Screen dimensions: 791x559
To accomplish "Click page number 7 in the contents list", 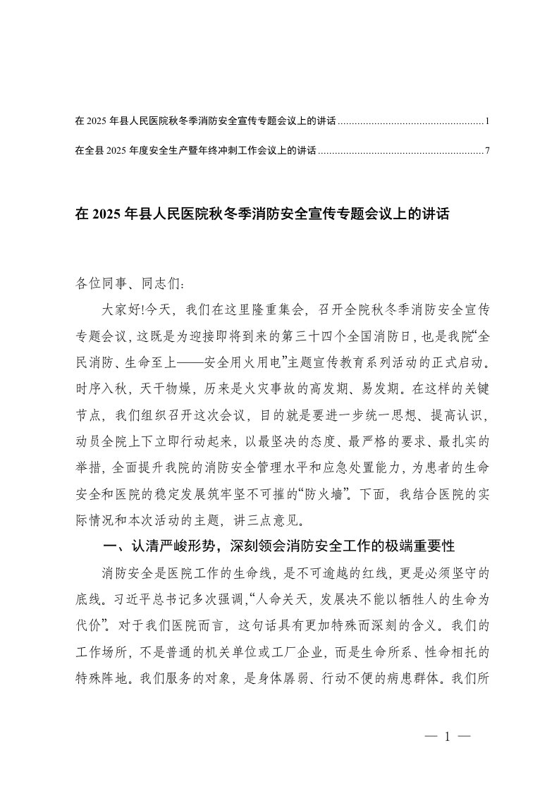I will (x=487, y=150).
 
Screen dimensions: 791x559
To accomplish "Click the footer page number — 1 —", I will (x=448, y=737).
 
